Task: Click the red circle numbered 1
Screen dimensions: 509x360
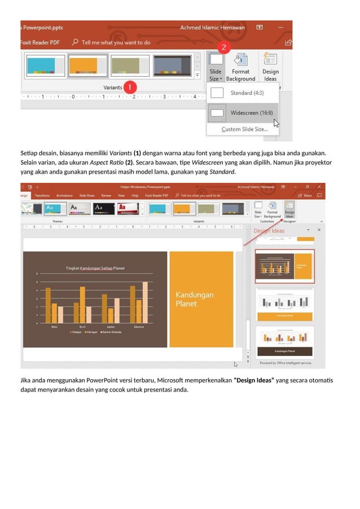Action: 130,87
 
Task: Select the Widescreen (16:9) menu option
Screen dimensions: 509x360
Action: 251,113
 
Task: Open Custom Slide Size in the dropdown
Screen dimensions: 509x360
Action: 244,129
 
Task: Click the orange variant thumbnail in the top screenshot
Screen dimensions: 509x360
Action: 87,65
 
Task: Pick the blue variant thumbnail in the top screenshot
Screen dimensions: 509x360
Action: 45,65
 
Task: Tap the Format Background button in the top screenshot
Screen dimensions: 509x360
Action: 240,67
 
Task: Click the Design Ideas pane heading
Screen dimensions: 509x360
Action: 269,231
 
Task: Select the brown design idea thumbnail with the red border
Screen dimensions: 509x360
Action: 285,266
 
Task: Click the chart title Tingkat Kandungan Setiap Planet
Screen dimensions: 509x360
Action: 95,268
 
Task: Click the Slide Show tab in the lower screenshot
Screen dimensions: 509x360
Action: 87,195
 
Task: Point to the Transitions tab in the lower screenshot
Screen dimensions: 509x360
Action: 42,195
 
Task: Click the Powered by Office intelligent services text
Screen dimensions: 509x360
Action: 285,363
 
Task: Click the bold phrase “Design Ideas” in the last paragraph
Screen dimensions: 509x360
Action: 254,380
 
